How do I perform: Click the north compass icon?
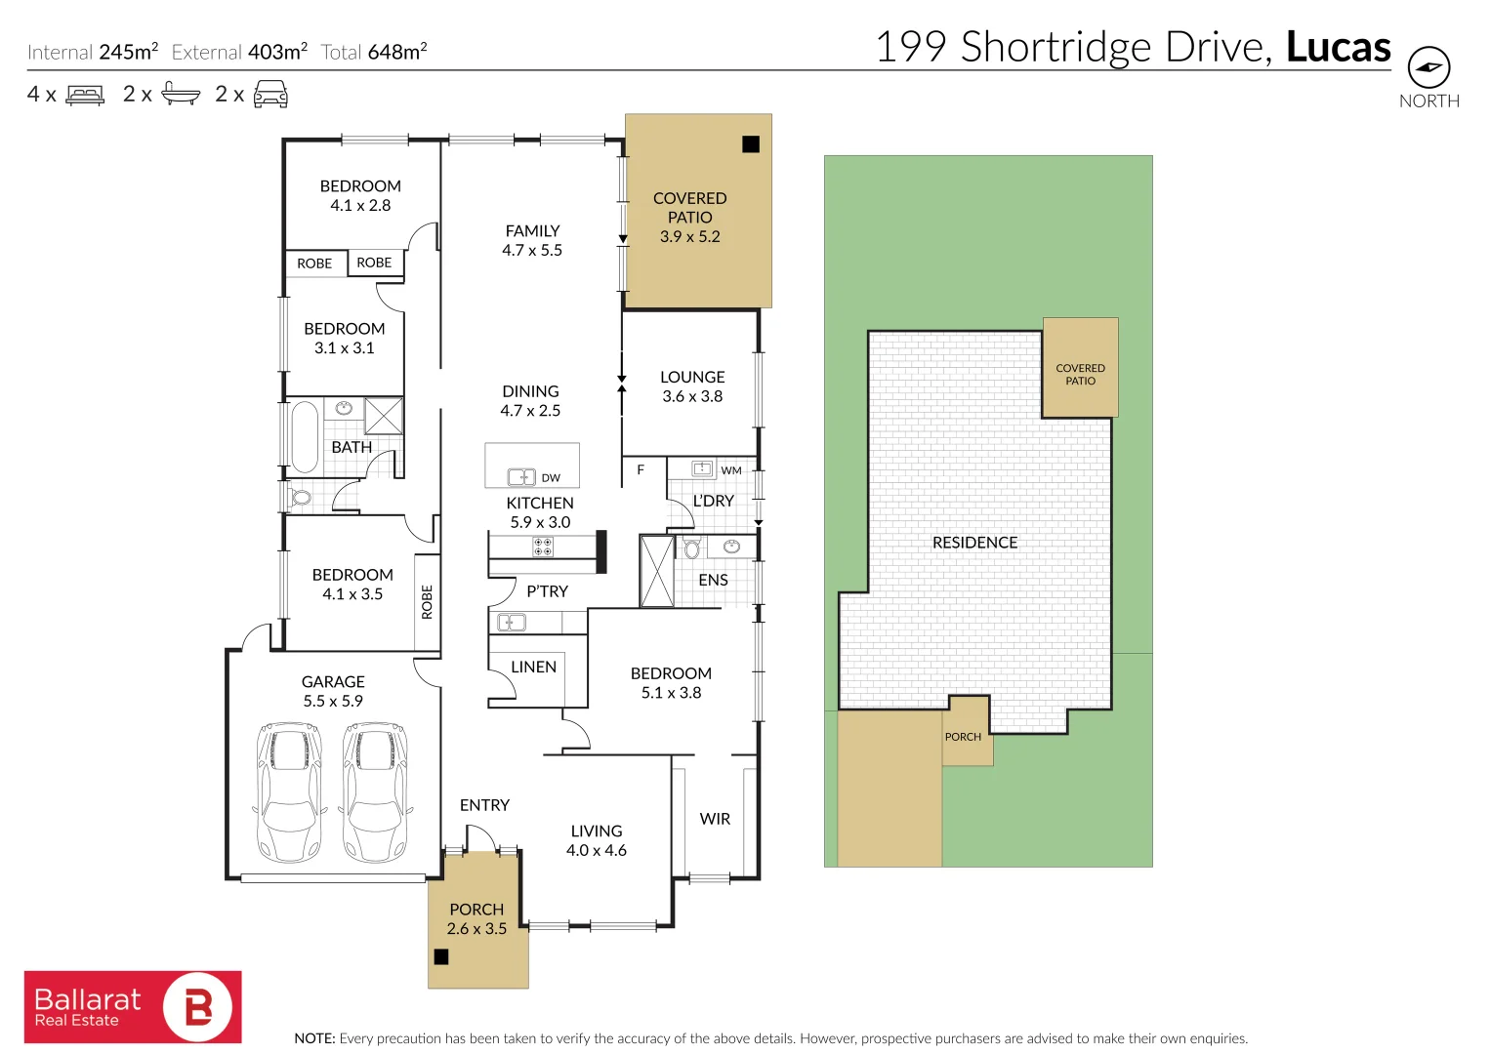[x=1428, y=68]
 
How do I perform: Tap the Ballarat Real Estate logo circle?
[x=198, y=1006]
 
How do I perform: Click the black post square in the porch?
[x=441, y=956]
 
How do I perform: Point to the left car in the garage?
[x=288, y=791]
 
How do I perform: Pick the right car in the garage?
[x=375, y=791]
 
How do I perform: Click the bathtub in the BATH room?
[x=305, y=435]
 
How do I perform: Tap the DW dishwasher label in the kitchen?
[x=551, y=478]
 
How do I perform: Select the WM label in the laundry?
[x=731, y=470]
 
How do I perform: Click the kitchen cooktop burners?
[x=543, y=547]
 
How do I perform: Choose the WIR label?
[x=715, y=819]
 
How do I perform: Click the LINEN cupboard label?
[x=533, y=667]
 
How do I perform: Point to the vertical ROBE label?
[x=427, y=602]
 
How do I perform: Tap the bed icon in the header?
[x=85, y=95]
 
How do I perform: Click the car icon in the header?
[x=270, y=95]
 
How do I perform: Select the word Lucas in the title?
[x=1338, y=47]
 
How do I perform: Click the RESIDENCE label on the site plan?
[x=974, y=543]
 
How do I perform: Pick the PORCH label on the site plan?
[x=963, y=737]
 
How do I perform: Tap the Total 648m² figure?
[x=374, y=52]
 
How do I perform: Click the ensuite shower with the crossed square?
[x=657, y=571]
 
